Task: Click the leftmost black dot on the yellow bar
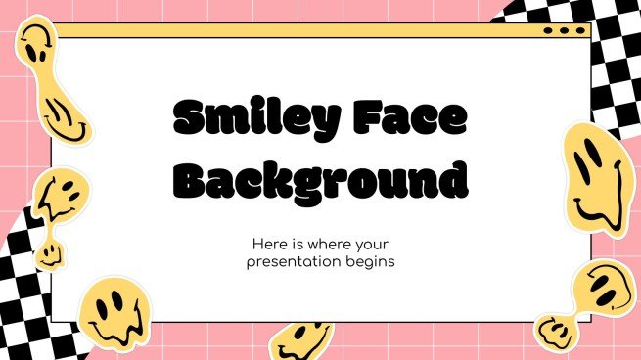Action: click(x=550, y=31)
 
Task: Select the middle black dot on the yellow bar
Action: click(x=564, y=31)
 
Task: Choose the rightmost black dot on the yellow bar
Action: click(x=577, y=31)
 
